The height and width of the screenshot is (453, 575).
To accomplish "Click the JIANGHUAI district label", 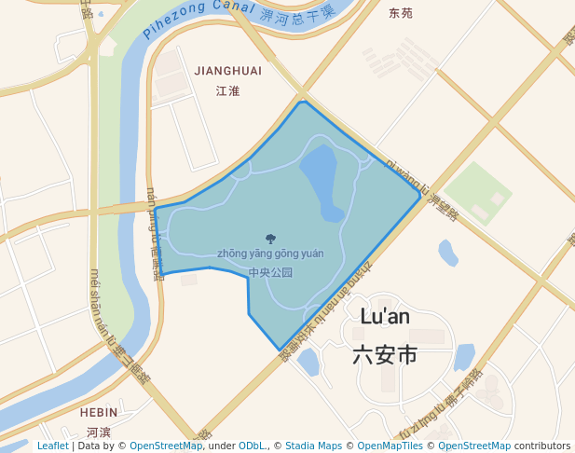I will point(227,71).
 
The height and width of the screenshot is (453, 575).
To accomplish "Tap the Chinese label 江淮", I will point(227,90).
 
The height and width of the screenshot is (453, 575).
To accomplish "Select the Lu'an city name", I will point(385,317).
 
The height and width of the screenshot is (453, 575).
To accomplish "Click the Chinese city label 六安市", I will point(385,355).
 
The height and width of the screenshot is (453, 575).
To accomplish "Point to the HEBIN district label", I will point(99,412).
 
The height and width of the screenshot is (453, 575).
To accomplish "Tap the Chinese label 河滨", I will point(99,432).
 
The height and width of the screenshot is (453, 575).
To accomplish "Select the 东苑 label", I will point(401,13).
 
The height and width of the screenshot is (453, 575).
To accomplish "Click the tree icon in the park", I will point(270,239).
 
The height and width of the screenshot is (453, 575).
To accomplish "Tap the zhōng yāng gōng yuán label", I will point(270,254).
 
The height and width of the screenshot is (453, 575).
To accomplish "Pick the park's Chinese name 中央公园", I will point(270,273).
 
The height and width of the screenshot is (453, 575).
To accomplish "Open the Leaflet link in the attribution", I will point(52,446).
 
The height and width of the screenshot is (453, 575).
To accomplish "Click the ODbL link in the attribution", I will point(253,446).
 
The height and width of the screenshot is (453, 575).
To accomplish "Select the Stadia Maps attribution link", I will point(313,446).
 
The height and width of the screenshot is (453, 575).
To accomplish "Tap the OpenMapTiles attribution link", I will point(390,446).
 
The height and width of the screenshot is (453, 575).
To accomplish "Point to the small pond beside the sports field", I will point(448,253).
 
